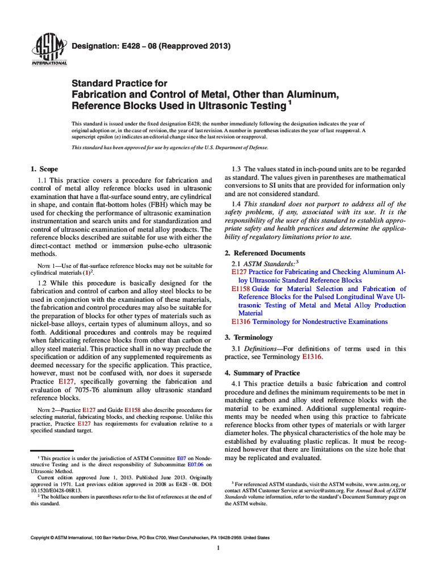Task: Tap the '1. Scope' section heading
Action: tap(44, 169)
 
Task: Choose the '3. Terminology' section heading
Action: tap(249, 337)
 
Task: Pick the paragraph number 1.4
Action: tap(238, 204)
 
